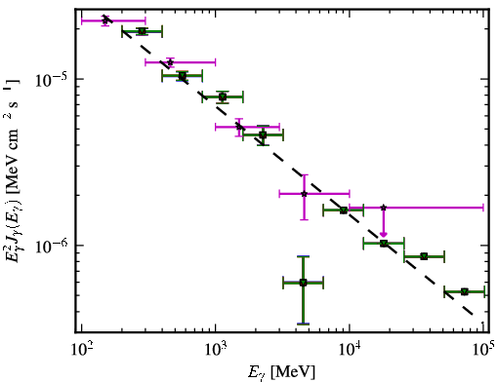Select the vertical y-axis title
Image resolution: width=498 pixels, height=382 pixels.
click(14, 173)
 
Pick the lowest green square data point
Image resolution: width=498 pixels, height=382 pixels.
click(303, 283)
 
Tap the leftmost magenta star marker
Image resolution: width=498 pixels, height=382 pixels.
click(104, 20)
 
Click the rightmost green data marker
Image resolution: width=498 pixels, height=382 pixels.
click(465, 291)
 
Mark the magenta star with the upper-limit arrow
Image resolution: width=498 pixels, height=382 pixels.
click(384, 208)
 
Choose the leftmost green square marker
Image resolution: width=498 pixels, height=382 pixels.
click(142, 31)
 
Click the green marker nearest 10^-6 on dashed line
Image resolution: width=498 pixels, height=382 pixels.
click(384, 243)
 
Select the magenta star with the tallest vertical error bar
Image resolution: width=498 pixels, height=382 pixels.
click(304, 194)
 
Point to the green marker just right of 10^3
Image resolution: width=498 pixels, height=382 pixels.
click(223, 96)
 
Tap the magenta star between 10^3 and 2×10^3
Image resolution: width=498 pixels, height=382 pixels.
click(239, 127)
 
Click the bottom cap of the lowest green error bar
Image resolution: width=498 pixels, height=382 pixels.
click(303, 324)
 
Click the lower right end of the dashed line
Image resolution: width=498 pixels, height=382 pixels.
click(472, 315)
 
